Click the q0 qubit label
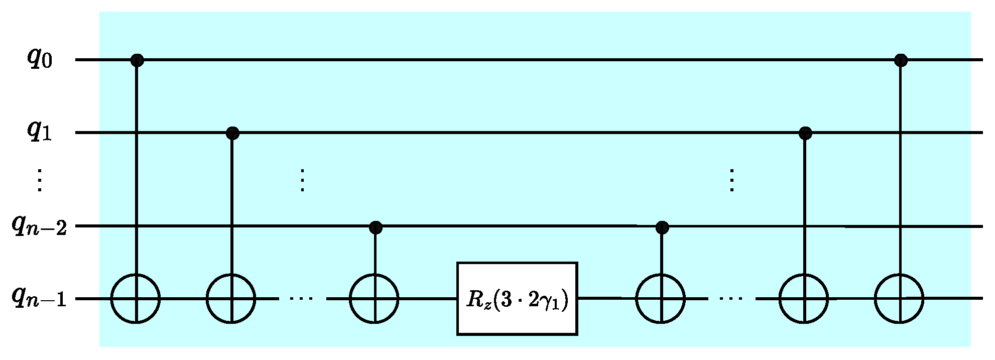click(40, 60)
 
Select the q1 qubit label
click(40, 133)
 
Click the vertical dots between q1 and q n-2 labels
click(40, 180)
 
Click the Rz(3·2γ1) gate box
click(517, 299)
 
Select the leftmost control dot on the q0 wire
click(137, 61)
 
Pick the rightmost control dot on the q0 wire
click(901, 61)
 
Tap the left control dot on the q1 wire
click(232, 134)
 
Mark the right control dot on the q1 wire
click(805, 134)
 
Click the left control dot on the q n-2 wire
click(376, 227)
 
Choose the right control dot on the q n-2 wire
click(662, 227)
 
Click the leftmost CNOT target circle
click(136, 299)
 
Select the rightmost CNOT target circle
click(899, 299)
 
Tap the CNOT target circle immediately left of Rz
click(374, 299)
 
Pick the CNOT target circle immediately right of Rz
click(660, 299)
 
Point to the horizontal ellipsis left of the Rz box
click(302, 299)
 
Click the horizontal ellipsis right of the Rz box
click(731, 299)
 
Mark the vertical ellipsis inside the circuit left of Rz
click(302, 180)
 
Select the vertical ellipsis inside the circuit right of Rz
click(731, 180)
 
